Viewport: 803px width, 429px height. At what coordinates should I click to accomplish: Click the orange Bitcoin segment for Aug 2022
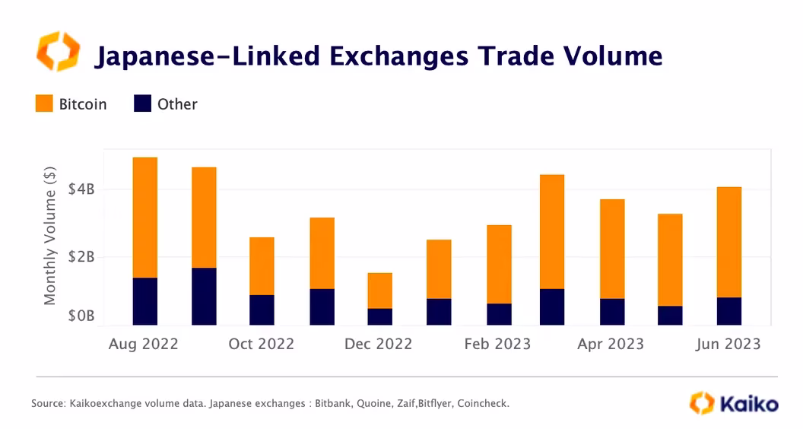click(144, 218)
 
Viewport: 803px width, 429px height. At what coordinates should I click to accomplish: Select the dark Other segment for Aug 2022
click(144, 301)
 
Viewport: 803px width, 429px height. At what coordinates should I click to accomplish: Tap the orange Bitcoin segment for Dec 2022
click(379, 291)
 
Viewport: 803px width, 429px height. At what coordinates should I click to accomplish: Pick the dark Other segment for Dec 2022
click(379, 316)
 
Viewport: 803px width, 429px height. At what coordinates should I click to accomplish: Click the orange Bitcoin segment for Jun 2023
click(728, 242)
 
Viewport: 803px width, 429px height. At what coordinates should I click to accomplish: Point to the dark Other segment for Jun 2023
click(728, 311)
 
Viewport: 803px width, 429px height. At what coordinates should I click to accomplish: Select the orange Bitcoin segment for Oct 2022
click(262, 266)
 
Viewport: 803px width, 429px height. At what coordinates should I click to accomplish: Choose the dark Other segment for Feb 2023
click(499, 314)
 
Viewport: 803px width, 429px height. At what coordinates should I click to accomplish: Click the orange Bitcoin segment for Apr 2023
click(612, 249)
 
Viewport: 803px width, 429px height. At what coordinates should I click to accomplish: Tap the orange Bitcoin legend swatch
click(44, 104)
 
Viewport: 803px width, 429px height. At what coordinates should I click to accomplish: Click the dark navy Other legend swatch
click(143, 104)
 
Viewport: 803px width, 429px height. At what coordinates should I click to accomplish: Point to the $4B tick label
click(80, 189)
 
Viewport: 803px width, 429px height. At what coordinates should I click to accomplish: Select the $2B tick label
click(80, 257)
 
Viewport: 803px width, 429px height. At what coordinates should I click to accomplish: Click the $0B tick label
click(80, 316)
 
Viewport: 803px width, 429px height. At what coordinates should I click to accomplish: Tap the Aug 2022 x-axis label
click(144, 344)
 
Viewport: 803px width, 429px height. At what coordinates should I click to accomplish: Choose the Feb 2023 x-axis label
click(497, 344)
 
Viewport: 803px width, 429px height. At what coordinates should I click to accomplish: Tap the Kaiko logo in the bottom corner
click(733, 403)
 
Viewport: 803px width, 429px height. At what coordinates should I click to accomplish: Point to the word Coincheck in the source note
click(481, 403)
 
